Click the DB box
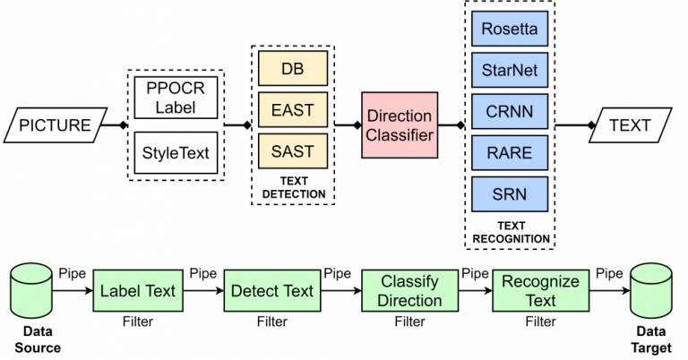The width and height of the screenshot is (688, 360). coord(293,68)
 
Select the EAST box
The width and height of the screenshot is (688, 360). coord(293,110)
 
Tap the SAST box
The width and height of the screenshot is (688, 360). coord(293,151)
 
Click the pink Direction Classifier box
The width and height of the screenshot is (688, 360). coord(400,125)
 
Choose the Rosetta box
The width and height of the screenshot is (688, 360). coord(510,29)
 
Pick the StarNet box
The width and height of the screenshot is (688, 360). coord(510,70)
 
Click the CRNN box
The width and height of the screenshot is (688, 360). coord(510,112)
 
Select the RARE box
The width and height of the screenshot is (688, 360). coord(510,153)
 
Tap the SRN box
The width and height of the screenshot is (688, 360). coord(510,194)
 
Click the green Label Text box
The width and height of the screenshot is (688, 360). coord(138,291)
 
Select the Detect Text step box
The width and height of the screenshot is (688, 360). coord(272,291)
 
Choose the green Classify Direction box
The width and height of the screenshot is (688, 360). coord(409,291)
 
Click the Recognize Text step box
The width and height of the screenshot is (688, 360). coord(541,291)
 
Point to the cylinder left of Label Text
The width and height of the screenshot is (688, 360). coord(31,290)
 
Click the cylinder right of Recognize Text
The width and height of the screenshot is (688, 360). coord(650,290)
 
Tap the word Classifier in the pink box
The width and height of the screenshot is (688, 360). coord(400,136)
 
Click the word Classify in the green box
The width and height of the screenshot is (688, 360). coord(409,281)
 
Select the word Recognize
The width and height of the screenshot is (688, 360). coord(541,281)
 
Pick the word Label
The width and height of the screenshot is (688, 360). coord(120,291)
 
